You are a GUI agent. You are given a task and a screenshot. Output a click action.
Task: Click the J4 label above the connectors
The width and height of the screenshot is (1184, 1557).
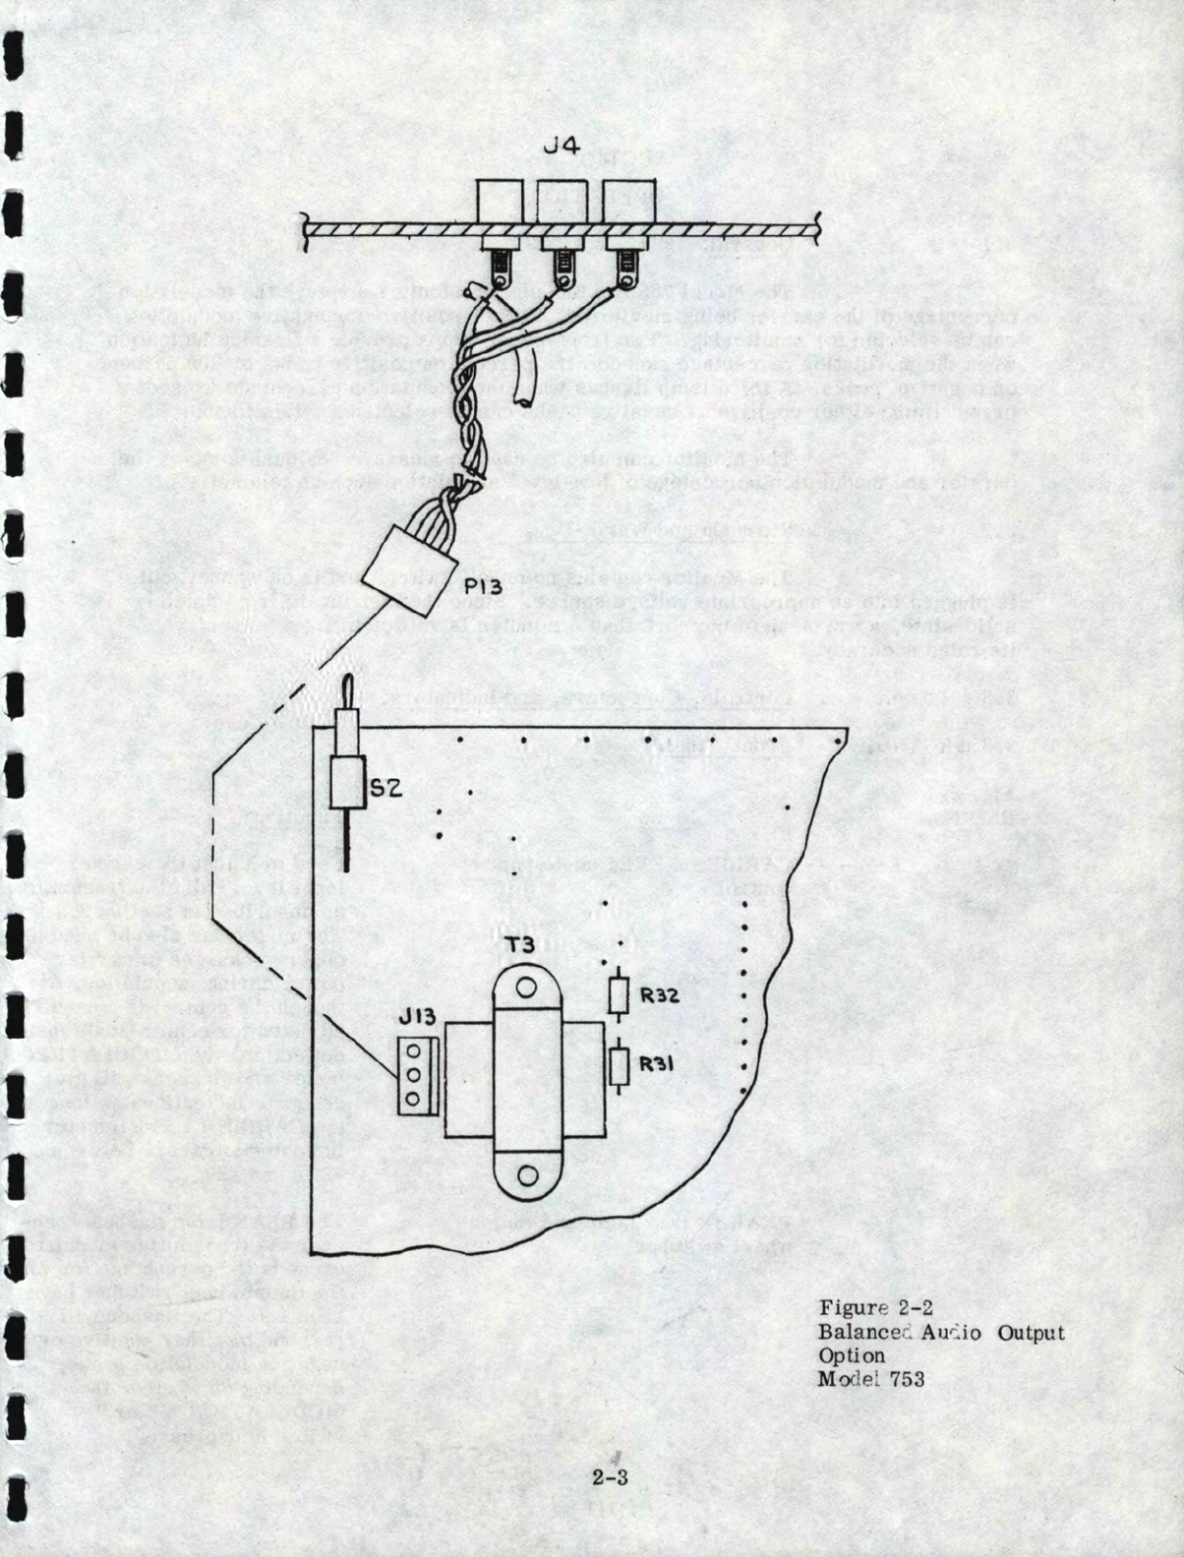pos(562,148)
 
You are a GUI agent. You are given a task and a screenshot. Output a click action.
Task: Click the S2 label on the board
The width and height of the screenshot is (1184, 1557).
pos(387,786)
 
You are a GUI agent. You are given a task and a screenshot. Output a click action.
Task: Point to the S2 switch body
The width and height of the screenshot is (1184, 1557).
pos(347,782)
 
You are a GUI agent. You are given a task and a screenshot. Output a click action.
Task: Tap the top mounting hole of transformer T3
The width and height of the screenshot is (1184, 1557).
pos(526,988)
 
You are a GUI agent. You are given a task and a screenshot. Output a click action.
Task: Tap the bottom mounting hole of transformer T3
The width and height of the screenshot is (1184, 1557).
pos(527,1173)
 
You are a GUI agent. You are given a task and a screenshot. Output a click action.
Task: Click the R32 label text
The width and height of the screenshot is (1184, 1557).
pos(660,994)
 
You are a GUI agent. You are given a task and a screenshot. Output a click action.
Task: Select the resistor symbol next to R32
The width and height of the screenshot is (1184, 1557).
pos(619,995)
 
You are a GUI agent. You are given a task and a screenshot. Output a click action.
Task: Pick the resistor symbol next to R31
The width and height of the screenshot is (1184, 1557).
pos(619,1065)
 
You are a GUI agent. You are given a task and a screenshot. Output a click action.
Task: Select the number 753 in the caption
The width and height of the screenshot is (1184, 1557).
pos(906,1379)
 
